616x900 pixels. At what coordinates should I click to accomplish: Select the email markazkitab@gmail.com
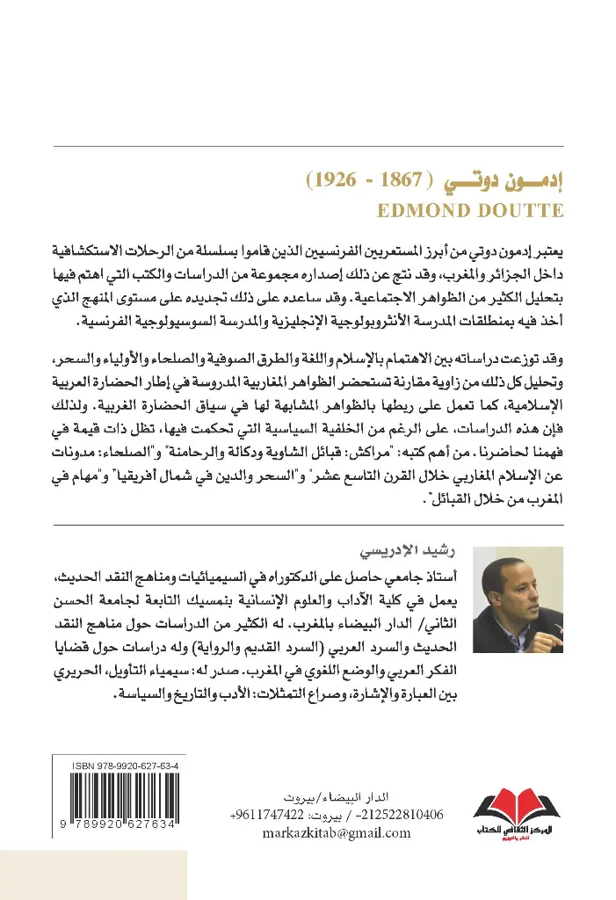[337, 833]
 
